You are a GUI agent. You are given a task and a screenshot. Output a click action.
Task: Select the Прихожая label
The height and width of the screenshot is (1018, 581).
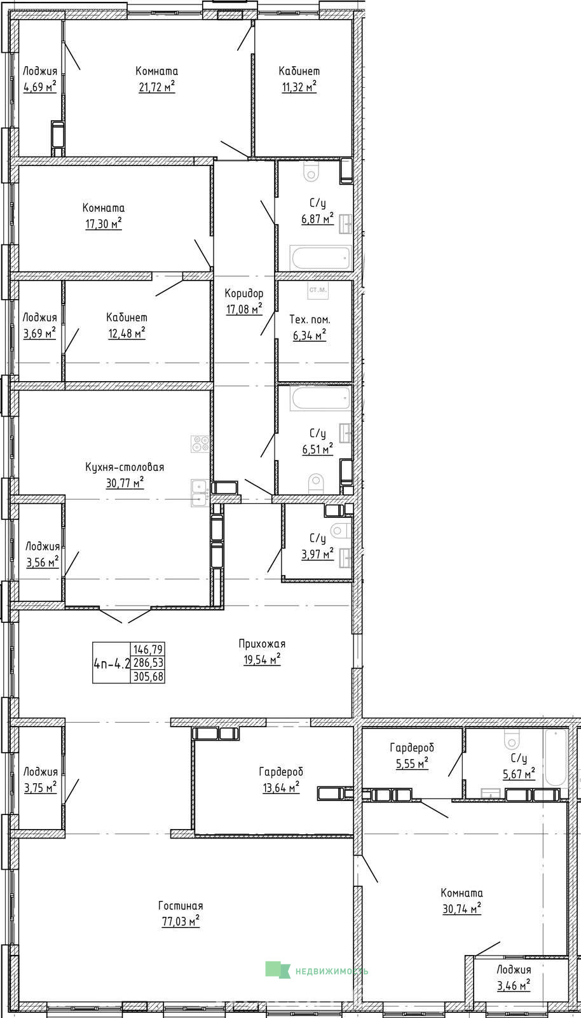point(262,643)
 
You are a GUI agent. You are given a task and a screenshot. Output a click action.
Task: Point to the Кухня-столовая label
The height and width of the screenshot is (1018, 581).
point(125,467)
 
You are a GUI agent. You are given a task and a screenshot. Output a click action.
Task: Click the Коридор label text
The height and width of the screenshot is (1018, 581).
point(243,293)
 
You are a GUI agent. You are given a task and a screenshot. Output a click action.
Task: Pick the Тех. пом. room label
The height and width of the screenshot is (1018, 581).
point(310,319)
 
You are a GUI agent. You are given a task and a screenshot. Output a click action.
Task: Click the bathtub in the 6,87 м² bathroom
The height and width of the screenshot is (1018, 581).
point(320,258)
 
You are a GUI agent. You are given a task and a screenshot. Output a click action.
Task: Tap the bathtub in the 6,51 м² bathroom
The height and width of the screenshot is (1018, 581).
point(321,398)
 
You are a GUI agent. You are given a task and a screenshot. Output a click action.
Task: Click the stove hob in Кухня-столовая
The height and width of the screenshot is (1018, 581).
point(200,443)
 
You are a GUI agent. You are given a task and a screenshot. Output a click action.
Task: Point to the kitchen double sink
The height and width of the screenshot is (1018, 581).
point(199,493)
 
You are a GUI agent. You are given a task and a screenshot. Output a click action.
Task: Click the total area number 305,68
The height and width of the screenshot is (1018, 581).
point(148,677)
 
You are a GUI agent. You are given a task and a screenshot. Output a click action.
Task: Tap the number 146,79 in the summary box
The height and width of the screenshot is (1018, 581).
point(148,648)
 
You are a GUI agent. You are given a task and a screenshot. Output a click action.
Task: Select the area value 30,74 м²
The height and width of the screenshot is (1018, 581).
point(461,909)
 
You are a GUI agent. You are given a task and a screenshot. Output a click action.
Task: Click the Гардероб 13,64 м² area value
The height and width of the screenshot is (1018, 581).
point(281,786)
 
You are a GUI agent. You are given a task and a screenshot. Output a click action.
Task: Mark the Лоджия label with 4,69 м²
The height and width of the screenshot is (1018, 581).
point(40,71)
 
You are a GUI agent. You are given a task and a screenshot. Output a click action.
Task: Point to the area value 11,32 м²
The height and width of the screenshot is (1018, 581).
point(299,87)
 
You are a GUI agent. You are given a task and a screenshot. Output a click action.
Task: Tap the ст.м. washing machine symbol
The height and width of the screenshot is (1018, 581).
point(318,290)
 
